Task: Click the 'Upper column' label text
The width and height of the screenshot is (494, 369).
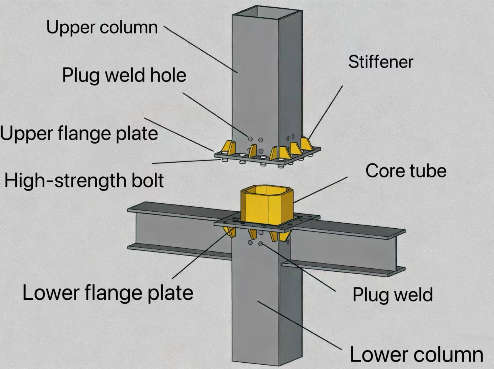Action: click(x=102, y=28)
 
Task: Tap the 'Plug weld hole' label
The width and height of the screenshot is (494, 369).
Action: click(x=124, y=76)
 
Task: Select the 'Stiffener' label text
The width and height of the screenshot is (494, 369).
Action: click(x=381, y=62)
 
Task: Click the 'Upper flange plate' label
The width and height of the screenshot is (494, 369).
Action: click(x=79, y=133)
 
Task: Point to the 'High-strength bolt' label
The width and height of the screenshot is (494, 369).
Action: click(x=84, y=181)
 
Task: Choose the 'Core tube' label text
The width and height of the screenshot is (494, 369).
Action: click(x=406, y=171)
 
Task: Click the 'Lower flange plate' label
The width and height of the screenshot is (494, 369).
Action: click(x=108, y=293)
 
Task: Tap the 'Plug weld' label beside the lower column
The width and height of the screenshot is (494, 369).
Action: click(x=392, y=295)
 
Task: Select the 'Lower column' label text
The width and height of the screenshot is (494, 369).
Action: click(x=416, y=355)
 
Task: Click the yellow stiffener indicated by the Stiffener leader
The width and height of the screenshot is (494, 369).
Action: click(x=306, y=144)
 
